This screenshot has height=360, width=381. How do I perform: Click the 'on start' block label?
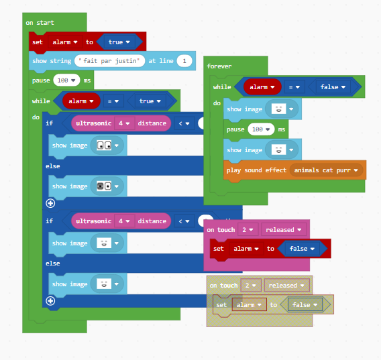pyautogui.click(x=40, y=23)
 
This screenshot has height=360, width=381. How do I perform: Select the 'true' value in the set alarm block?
pyautogui.click(x=119, y=42)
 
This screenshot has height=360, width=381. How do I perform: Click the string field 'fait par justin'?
pyautogui.click(x=109, y=61)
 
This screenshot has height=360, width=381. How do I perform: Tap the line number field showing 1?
pyautogui.click(x=184, y=61)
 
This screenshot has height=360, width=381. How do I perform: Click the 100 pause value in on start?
pyautogui.click(x=66, y=80)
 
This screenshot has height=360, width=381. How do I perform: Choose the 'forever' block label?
pyautogui.click(x=219, y=66)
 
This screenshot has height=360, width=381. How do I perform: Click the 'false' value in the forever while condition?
pyautogui.click(x=333, y=87)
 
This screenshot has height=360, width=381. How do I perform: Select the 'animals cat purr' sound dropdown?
pyautogui.click(x=325, y=170)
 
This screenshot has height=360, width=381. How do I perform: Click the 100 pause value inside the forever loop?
pyautogui.click(x=261, y=129)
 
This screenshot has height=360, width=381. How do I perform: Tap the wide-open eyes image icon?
pyautogui.click(x=104, y=145)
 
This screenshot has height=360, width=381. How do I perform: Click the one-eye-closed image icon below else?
pyautogui.click(x=104, y=186)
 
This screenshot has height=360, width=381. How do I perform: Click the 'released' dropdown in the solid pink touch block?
pyautogui.click(x=283, y=230)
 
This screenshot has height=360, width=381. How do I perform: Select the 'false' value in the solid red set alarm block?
pyautogui.click(x=302, y=249)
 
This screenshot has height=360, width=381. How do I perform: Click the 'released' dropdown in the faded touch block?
pyautogui.click(x=286, y=286)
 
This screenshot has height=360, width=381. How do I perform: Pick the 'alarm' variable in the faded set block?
pyautogui.click(x=249, y=305)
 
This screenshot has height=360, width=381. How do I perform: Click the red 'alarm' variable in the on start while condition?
pyautogui.click(x=81, y=101)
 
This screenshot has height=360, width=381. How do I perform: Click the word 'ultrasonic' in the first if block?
pyautogui.click(x=93, y=123)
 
